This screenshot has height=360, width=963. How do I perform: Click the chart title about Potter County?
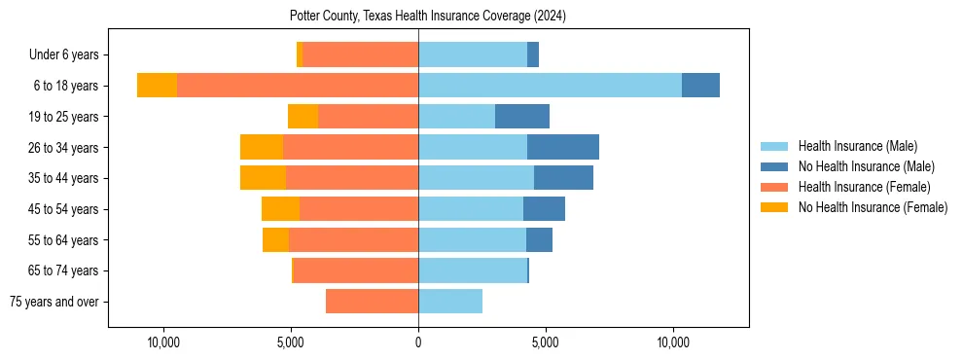(428, 17)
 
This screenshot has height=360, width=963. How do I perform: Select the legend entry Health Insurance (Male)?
(857, 146)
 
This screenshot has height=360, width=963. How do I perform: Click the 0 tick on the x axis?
(418, 342)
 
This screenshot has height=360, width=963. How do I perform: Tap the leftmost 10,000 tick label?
(163, 342)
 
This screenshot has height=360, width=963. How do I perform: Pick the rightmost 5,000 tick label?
(546, 342)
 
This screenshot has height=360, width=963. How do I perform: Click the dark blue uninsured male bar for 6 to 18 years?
(700, 86)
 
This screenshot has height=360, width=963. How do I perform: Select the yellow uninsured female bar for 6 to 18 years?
(157, 86)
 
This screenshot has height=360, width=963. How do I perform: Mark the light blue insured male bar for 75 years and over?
(450, 302)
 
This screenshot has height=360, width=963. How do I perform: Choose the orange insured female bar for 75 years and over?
(372, 302)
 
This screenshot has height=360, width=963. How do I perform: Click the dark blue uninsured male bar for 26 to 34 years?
(563, 148)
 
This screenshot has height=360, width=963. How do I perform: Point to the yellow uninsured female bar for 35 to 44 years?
(263, 178)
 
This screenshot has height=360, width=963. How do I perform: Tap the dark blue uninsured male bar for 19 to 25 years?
(522, 117)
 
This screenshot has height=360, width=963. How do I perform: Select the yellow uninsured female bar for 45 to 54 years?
(280, 209)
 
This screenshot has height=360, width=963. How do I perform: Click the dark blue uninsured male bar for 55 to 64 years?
(539, 240)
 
